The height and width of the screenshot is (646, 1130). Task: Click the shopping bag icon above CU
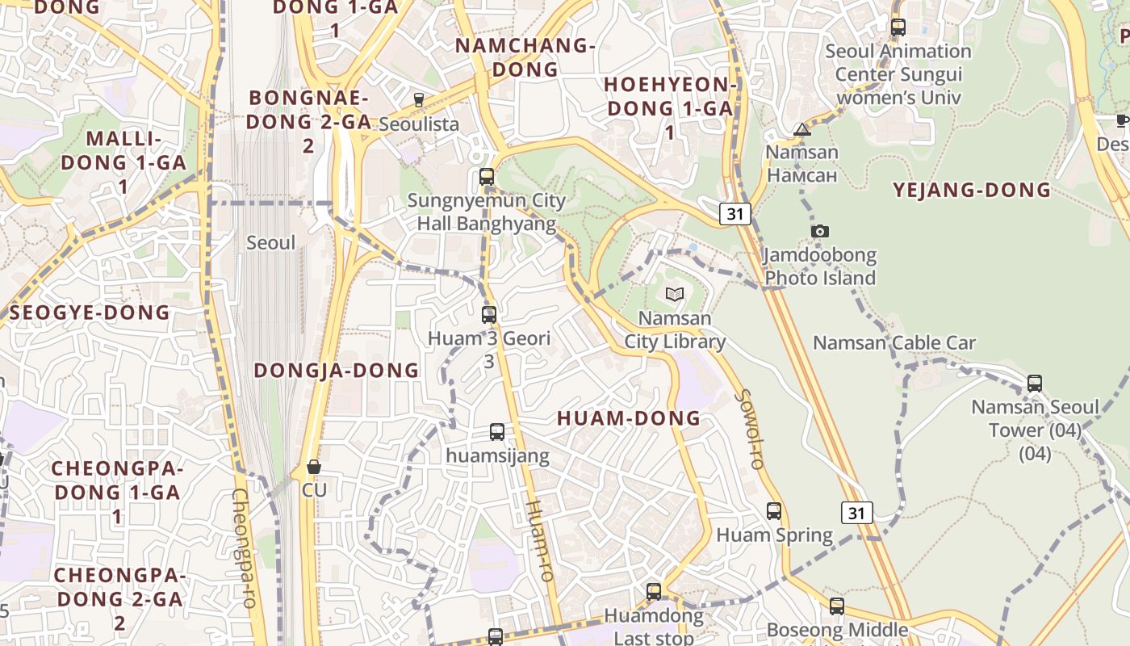pos(314,467)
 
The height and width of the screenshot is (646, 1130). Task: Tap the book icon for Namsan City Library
pos(675,295)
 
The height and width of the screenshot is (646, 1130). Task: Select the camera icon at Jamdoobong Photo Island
pos(820,232)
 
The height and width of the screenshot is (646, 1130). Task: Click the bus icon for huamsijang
pos(497,432)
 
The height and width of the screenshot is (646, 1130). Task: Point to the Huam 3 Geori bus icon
pos(489,315)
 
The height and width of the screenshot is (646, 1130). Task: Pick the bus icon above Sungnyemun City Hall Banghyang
pos(487,177)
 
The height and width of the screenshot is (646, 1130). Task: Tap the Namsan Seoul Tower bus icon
pos(1035,384)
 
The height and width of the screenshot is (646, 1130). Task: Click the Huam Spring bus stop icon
pos(774,511)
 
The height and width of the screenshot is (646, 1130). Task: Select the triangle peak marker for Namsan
pos(801,130)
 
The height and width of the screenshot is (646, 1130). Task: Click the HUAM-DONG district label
pos(629,418)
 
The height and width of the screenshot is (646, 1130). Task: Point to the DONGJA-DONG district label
pos(337,371)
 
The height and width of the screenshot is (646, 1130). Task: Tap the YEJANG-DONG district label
pos(972,191)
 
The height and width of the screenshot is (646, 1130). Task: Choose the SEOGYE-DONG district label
pos(90,313)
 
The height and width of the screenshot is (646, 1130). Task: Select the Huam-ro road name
pos(540,541)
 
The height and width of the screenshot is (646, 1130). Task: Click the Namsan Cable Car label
pos(894,343)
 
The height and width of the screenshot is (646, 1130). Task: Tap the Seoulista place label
pos(418,124)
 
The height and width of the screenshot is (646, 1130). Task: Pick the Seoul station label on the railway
pos(271,242)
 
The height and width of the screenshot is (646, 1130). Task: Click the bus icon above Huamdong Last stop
pos(654,592)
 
